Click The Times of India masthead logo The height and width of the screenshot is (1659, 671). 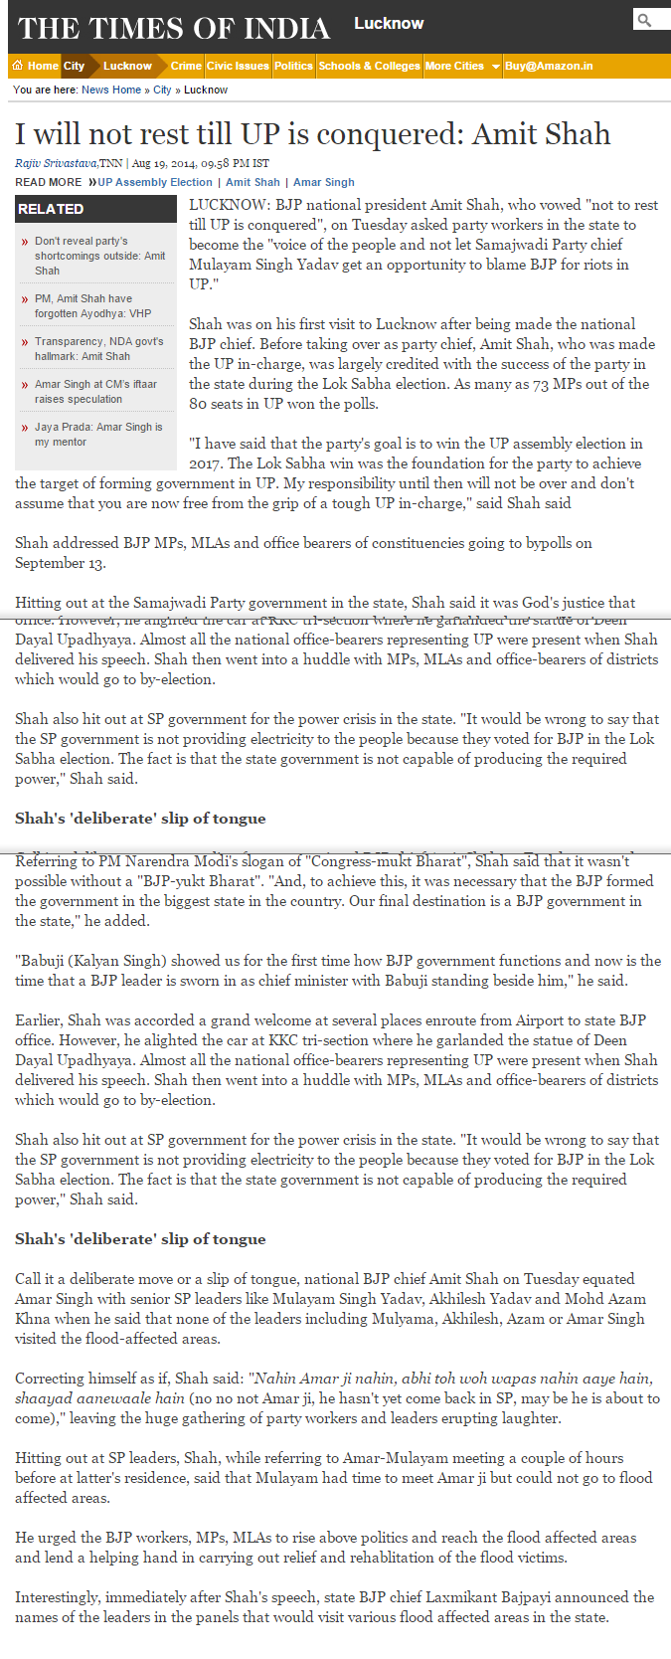(174, 27)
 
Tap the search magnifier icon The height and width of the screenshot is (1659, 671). (645, 20)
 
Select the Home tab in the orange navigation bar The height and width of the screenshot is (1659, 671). (36, 66)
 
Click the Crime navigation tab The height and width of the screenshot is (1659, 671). (186, 66)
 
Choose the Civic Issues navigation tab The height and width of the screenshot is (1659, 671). (238, 66)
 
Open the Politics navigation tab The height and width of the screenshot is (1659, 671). (293, 66)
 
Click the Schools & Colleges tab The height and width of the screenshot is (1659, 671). (369, 66)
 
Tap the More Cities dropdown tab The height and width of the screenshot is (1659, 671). (461, 66)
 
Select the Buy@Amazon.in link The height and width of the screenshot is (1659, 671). (549, 66)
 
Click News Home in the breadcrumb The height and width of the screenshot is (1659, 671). (111, 90)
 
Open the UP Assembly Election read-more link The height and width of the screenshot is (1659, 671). (155, 182)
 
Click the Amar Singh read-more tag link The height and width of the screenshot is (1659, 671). (323, 182)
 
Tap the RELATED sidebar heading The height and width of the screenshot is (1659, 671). (51, 209)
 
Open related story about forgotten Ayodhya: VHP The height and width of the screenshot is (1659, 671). (92, 305)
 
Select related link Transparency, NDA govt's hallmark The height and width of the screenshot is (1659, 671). (98, 348)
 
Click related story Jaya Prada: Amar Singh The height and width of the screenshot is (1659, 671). (97, 434)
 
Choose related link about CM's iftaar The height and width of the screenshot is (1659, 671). (95, 391)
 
